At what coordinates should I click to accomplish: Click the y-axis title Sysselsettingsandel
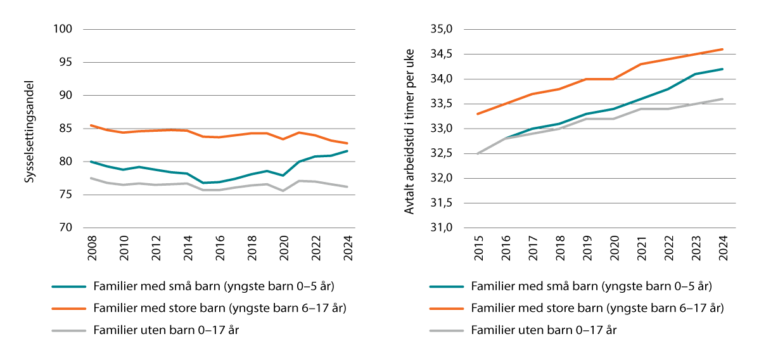click(x=29, y=132)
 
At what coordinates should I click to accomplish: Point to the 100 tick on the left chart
click(x=64, y=30)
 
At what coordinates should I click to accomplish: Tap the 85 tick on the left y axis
click(x=67, y=129)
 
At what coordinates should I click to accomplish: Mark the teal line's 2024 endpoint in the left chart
click(x=347, y=151)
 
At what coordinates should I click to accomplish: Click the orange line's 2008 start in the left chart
click(x=91, y=125)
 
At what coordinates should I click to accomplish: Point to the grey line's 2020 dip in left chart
click(x=283, y=191)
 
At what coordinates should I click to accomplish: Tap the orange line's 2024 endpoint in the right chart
click(x=723, y=49)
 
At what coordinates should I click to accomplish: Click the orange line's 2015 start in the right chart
click(x=478, y=114)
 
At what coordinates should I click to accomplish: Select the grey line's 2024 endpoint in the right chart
click(x=723, y=99)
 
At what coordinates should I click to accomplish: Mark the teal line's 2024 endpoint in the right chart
click(x=723, y=69)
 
